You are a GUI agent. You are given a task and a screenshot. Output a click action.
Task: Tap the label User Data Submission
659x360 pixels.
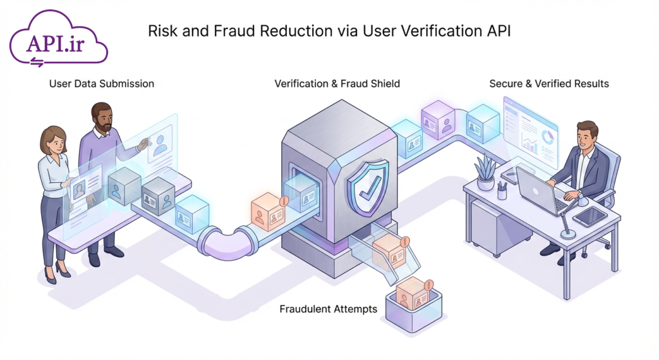102,84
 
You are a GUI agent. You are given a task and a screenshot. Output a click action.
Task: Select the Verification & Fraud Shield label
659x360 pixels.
337,84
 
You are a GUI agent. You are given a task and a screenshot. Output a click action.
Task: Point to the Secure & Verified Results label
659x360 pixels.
549,84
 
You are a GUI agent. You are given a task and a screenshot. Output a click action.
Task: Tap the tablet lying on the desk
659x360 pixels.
589,216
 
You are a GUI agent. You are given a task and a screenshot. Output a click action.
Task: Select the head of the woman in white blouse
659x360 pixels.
52,140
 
